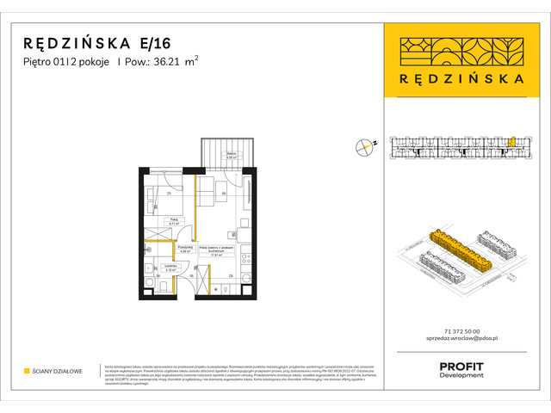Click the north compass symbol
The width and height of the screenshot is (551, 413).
point(365,147)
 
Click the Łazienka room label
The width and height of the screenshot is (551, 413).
point(171,268)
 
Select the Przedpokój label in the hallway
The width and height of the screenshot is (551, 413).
point(184,249)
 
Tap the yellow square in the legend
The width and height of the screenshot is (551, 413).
point(27,371)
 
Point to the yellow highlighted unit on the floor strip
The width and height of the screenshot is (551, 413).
point(509,142)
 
